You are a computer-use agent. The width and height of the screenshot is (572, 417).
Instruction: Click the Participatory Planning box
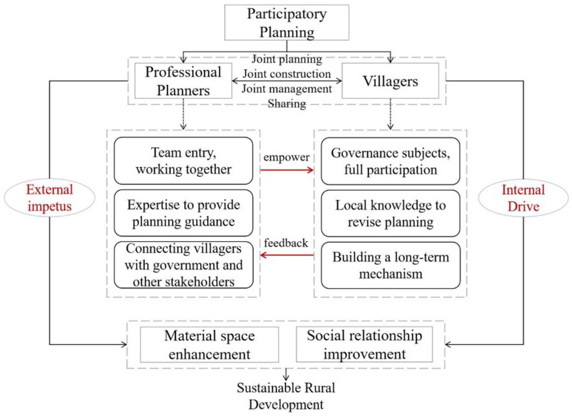coord(287,22)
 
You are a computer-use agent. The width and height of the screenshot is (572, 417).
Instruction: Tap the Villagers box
coord(390,81)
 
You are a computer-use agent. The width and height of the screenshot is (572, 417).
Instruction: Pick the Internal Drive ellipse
coord(523,198)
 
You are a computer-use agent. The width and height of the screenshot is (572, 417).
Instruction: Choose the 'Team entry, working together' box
coord(183,161)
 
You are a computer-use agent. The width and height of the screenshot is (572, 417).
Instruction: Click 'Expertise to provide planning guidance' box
coord(183,213)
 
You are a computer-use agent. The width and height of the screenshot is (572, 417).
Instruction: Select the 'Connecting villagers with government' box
coord(183,265)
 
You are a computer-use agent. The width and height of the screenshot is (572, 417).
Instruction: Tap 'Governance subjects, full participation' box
coord(390,161)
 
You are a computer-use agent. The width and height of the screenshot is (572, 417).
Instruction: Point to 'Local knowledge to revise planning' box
coord(390,213)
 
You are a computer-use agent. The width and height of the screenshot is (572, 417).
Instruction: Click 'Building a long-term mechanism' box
coord(390,265)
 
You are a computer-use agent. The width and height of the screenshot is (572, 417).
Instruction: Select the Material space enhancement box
coord(209,345)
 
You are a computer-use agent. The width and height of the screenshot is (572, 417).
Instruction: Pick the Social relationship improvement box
coord(364,345)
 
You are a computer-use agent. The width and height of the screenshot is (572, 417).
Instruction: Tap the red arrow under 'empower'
coord(287,170)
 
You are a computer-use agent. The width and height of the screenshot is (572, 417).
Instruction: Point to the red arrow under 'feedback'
coord(287,255)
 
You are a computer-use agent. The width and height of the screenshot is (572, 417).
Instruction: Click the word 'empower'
coord(286,157)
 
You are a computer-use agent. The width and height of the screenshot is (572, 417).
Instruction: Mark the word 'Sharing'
coord(287,104)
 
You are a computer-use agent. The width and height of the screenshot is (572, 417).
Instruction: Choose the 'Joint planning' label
coord(287,59)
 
